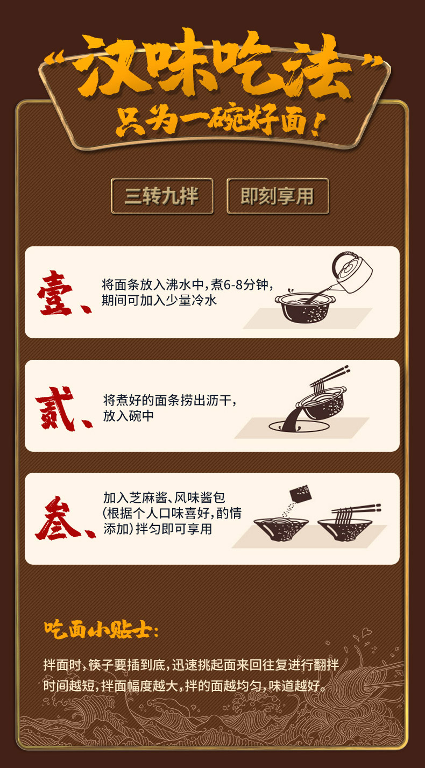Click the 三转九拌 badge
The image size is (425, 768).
coord(162,196)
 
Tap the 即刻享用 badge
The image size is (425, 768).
coord(278,196)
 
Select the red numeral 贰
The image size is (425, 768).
coord(55,408)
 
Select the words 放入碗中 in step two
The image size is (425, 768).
coord(129,416)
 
